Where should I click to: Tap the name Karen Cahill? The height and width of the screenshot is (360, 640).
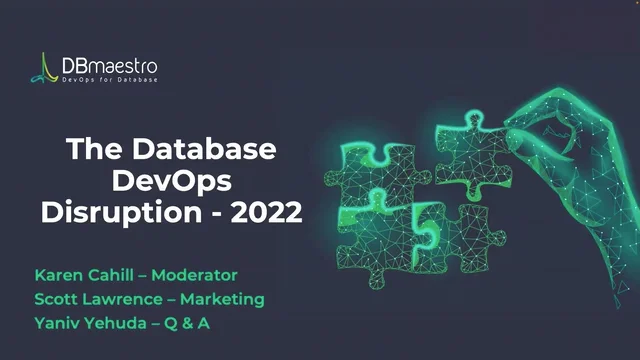[x=81, y=274]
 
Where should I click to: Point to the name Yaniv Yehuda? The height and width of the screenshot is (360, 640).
[x=87, y=322]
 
